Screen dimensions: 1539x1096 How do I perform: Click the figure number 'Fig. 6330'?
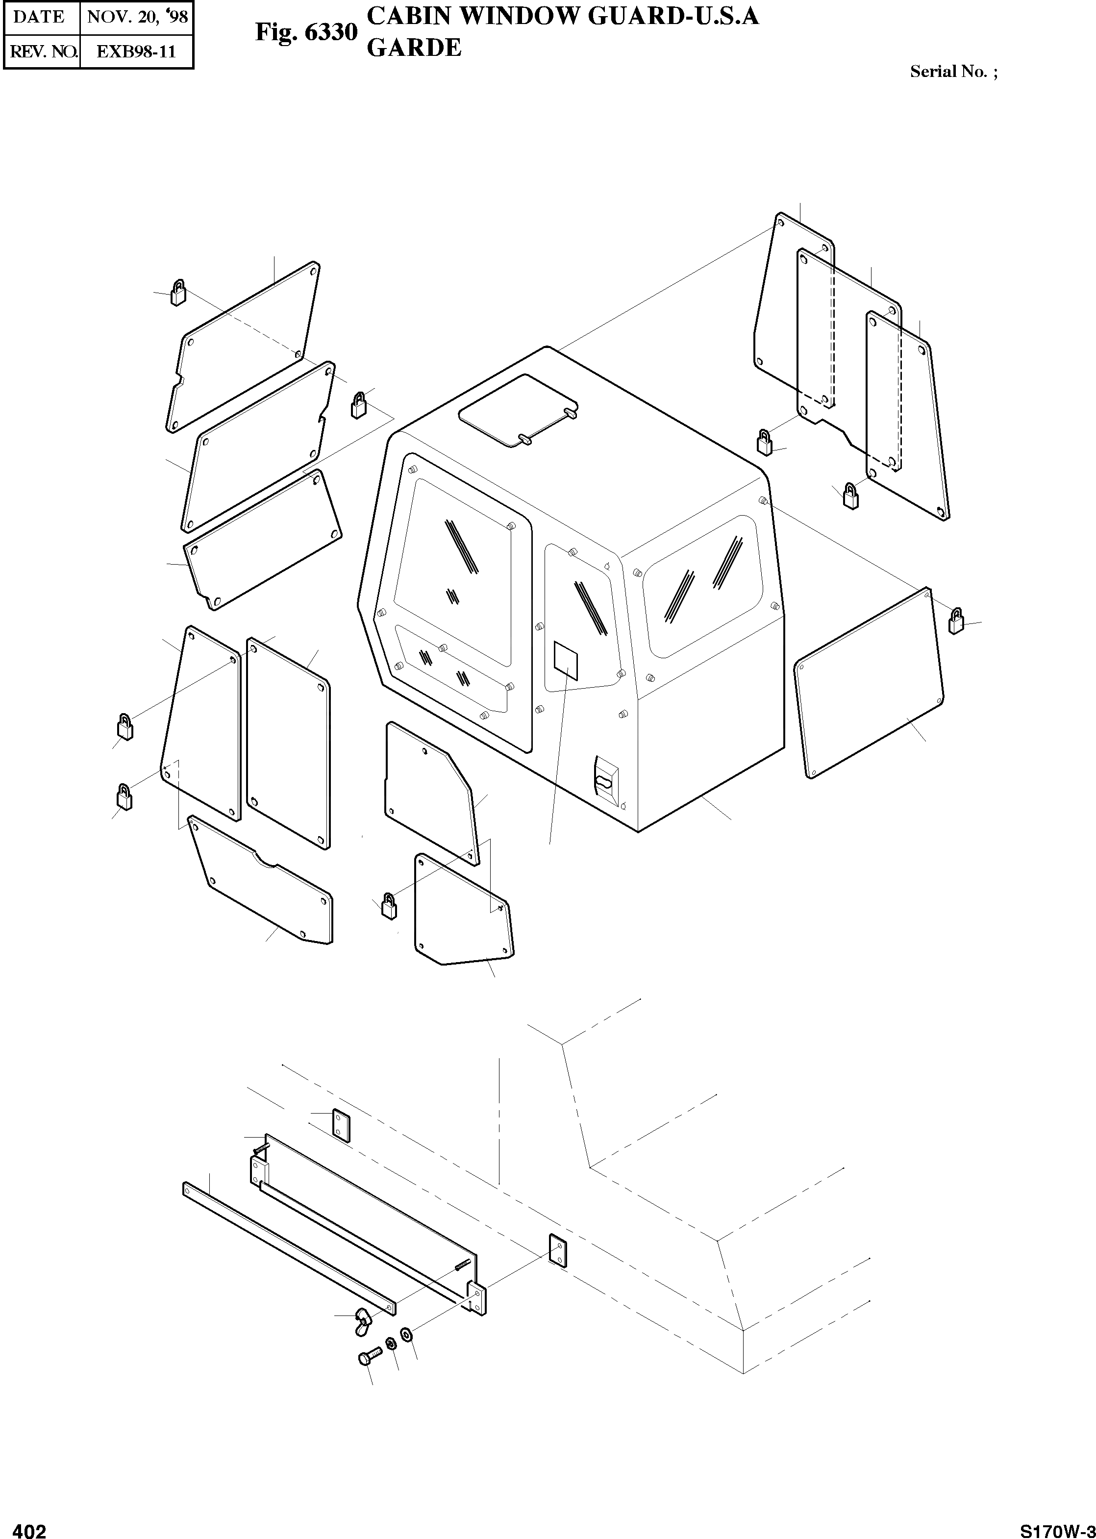click(x=306, y=32)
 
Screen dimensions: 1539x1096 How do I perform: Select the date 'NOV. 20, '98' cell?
click(x=137, y=17)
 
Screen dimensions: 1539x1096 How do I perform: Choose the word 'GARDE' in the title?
click(x=414, y=48)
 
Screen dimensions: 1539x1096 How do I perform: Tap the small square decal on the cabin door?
click(x=566, y=660)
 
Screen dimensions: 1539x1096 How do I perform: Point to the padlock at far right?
click(x=956, y=621)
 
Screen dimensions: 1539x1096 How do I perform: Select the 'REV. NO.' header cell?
click(x=42, y=52)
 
